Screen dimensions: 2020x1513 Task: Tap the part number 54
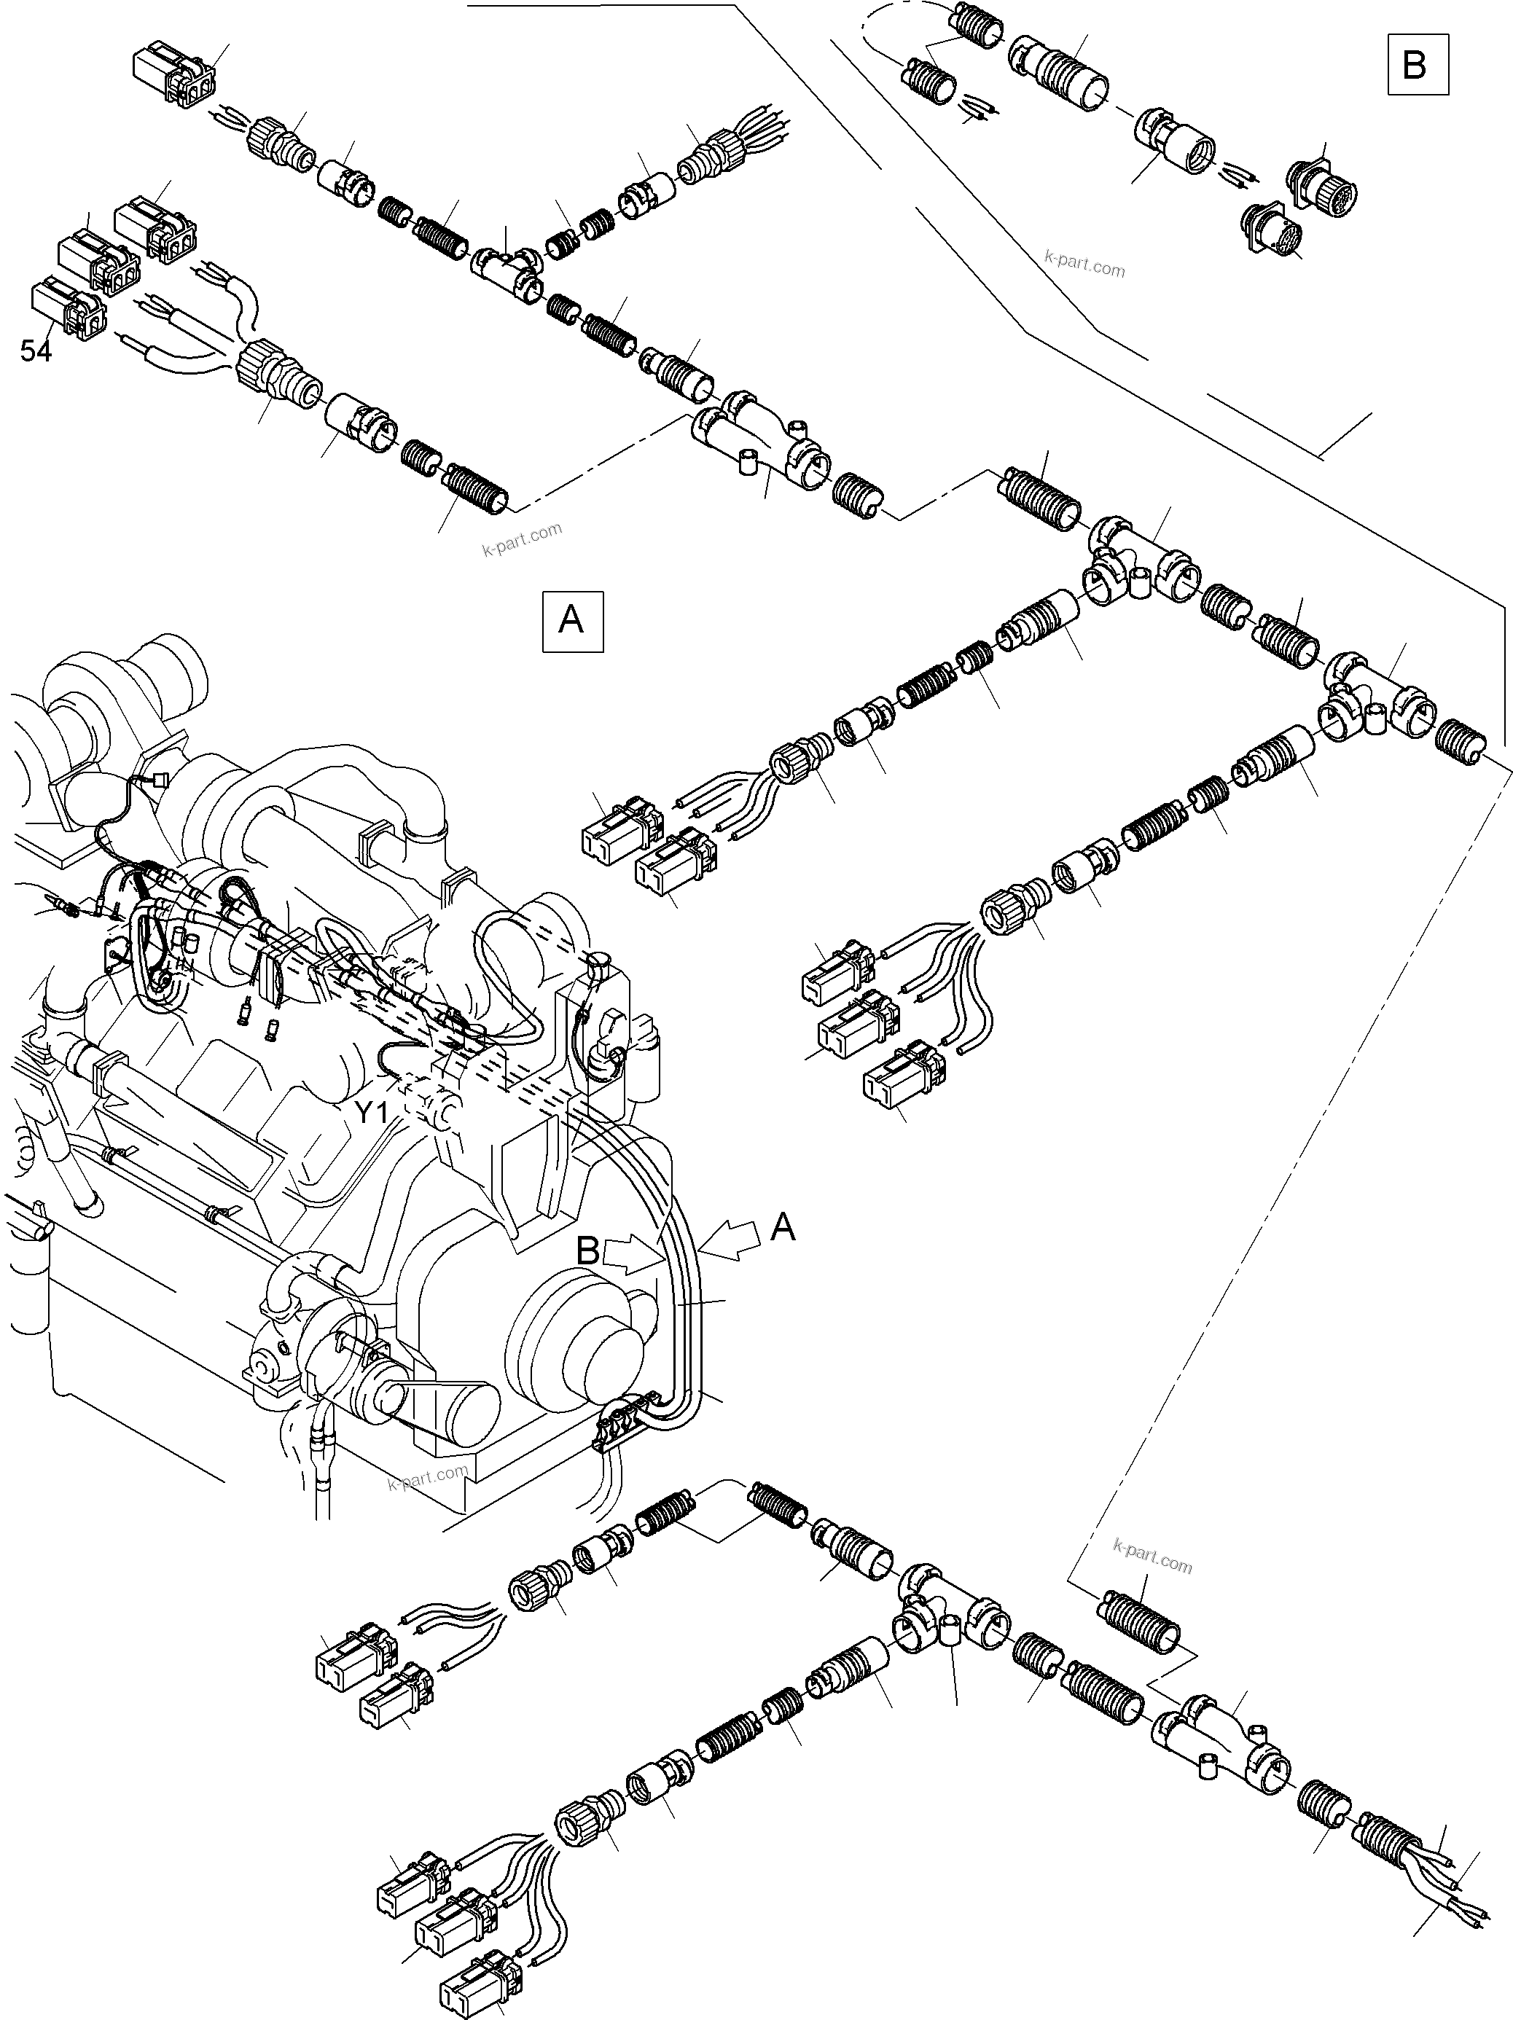(36, 351)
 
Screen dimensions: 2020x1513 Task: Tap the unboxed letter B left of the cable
(587, 1250)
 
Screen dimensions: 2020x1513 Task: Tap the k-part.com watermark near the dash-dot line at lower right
(1152, 1556)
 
